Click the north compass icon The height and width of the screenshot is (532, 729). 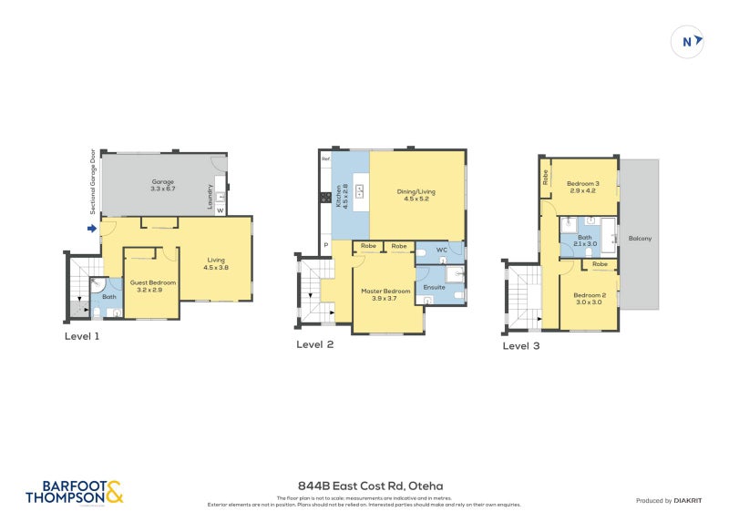coord(688,41)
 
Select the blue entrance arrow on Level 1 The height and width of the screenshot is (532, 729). coord(92,229)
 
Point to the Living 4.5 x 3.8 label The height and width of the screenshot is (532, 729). coord(216,263)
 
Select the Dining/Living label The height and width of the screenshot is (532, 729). coord(416,195)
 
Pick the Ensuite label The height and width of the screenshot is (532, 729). coord(435,287)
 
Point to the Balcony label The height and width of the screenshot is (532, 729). coord(640,238)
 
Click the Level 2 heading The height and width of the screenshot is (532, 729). coord(315,344)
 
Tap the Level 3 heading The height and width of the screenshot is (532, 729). coord(522,345)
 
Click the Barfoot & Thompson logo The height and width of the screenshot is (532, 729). coord(74,492)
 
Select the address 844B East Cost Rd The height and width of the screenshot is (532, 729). coord(364,486)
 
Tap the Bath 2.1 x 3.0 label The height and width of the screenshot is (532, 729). coord(584,240)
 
